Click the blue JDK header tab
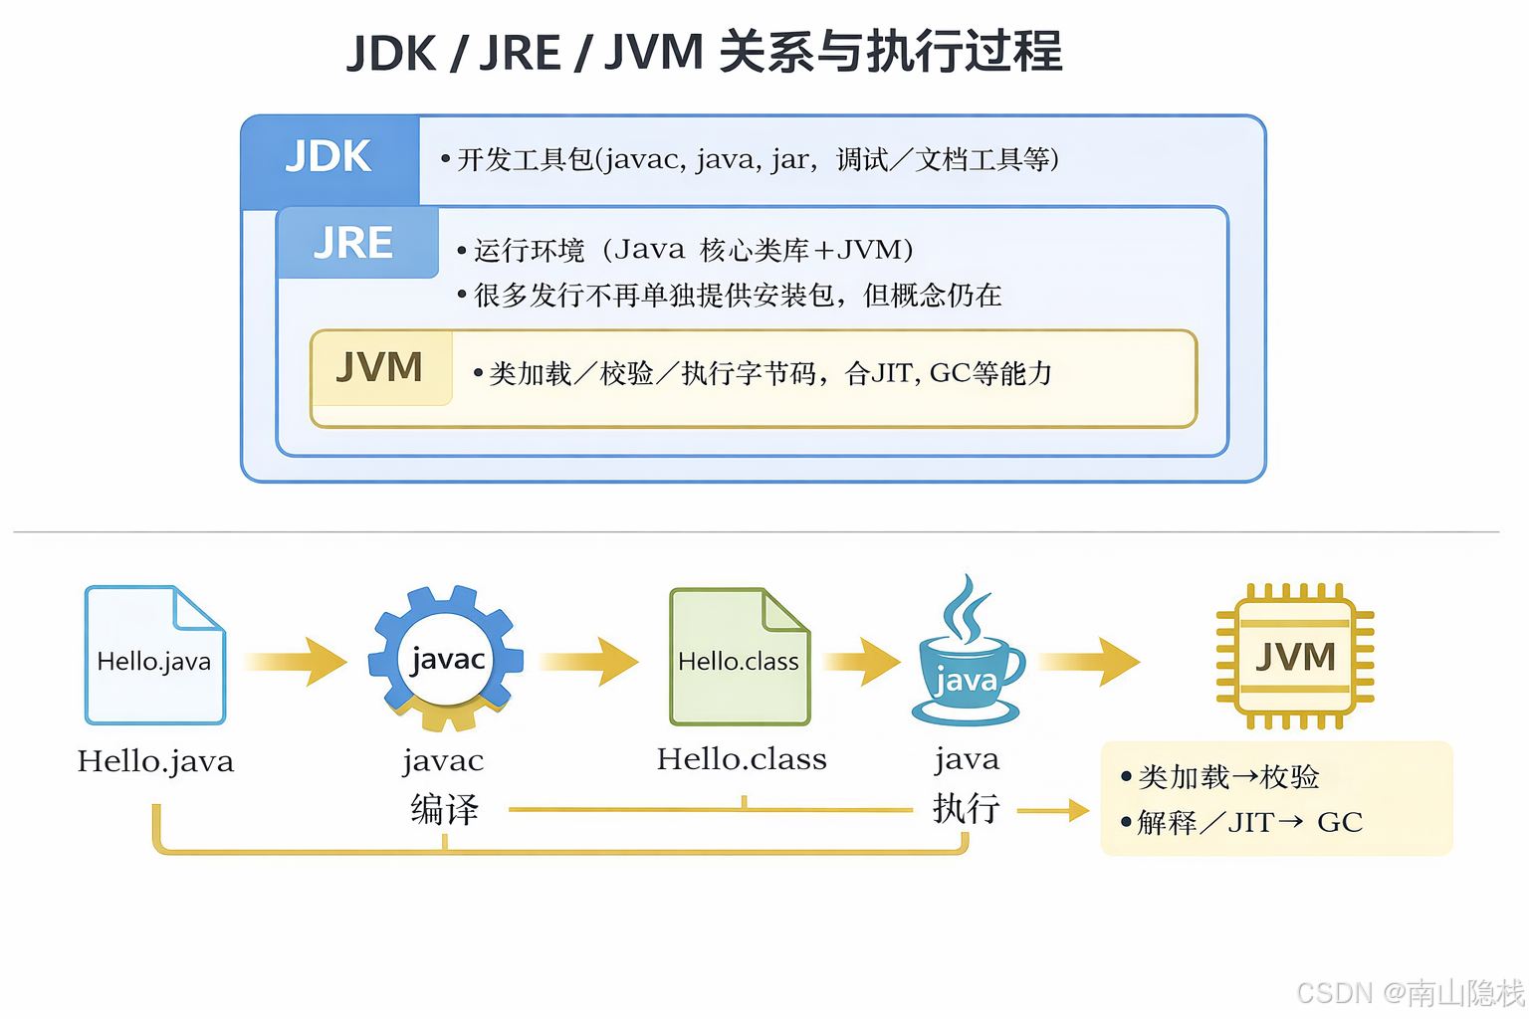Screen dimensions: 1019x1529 coord(329,157)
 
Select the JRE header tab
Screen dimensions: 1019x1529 coord(354,243)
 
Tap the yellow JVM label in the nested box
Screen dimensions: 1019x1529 coord(380,368)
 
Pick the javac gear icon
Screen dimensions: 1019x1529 coord(446,658)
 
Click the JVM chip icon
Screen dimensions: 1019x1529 coord(1294,657)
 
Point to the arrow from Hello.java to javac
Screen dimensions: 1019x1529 coord(297,661)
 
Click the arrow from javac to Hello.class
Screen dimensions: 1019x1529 coord(589,661)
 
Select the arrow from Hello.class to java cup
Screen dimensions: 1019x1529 coord(862,661)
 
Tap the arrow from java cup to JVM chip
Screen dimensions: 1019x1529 coord(1089,661)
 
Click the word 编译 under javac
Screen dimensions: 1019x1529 coord(445,809)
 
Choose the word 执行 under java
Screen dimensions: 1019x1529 coord(966,807)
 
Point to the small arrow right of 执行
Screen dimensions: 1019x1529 coord(1053,811)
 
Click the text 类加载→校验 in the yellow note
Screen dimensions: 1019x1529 coord(1228,777)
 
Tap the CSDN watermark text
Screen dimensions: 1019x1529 coord(1410,992)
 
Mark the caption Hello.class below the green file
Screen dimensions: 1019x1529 coord(742,759)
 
